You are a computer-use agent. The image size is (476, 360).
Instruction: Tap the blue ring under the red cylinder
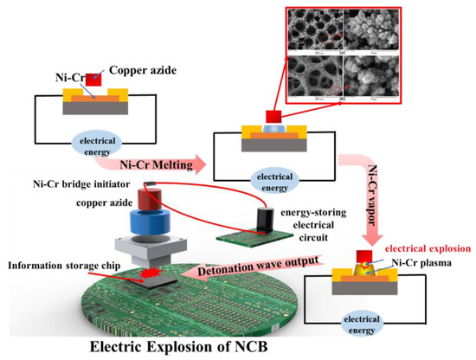(x=154, y=223)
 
